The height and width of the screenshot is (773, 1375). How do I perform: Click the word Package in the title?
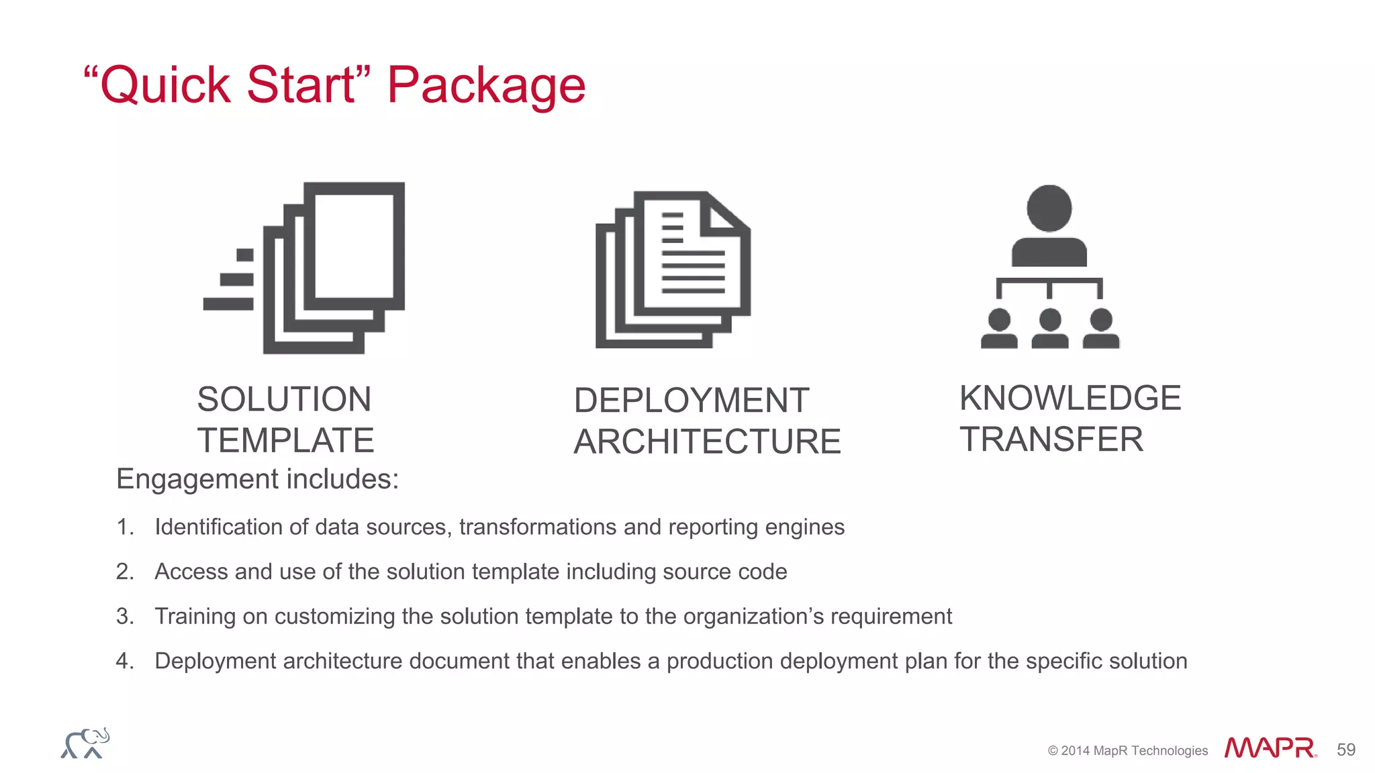tap(486, 86)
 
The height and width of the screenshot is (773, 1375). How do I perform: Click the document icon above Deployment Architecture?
tap(673, 270)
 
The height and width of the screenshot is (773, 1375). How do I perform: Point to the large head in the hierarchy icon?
tap(1049, 208)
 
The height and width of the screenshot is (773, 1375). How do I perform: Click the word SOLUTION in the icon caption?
tap(284, 399)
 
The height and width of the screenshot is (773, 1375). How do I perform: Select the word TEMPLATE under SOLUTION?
tap(285, 441)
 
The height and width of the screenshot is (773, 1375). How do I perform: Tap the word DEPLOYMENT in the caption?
tap(692, 401)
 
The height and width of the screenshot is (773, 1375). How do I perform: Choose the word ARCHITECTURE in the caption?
tap(707, 442)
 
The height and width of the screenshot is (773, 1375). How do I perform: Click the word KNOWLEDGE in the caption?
tap(1070, 398)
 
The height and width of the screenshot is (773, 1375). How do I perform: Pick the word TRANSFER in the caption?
tap(1051, 440)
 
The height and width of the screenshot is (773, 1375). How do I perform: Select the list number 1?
tap(124, 527)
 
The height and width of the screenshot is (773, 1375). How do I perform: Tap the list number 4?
tap(124, 661)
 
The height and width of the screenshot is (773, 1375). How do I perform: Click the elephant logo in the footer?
tap(85, 743)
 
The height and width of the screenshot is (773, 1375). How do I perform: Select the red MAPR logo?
tap(1270, 748)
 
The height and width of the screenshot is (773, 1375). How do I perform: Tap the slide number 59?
tap(1346, 750)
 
